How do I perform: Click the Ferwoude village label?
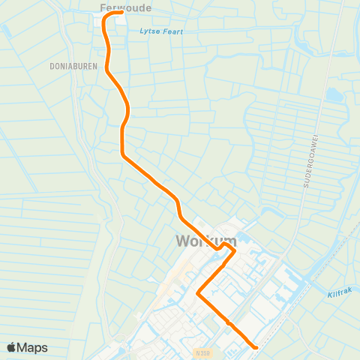[125, 7]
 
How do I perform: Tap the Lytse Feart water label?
[161, 31]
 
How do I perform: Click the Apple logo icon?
[12, 347]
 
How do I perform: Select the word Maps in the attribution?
[33, 347]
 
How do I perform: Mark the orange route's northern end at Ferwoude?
[121, 12]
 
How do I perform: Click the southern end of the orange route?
[256, 347]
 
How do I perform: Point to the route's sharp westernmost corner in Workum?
[198, 294]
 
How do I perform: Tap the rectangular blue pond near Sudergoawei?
[334, 95]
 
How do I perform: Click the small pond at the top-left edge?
[6, 31]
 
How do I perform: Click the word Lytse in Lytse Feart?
[149, 31]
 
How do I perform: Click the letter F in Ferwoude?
[103, 7]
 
